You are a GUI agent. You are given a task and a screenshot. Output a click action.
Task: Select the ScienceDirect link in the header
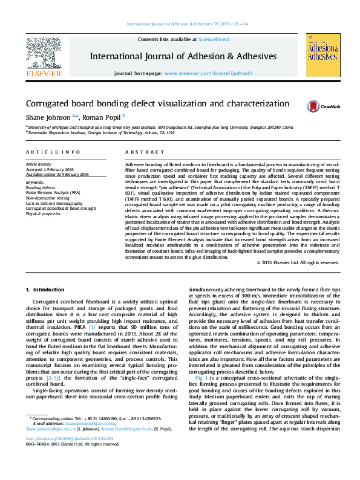214,39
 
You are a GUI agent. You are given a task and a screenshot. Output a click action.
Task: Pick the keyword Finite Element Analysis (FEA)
53,192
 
